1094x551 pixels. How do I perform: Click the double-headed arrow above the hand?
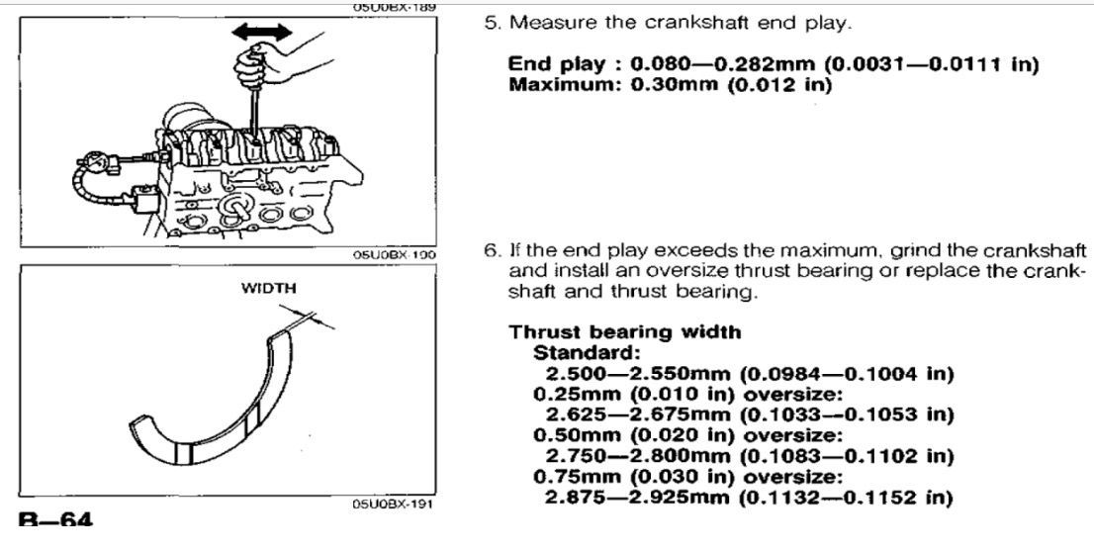[262, 32]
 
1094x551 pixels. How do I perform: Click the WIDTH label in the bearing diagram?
[269, 288]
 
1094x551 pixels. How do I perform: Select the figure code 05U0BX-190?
[395, 255]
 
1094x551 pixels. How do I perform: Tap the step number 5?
[493, 23]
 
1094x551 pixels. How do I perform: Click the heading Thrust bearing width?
[625, 332]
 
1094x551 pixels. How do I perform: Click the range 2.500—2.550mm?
[637, 373]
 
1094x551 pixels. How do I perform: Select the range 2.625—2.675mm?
[637, 415]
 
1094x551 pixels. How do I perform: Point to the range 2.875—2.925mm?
[637, 498]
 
